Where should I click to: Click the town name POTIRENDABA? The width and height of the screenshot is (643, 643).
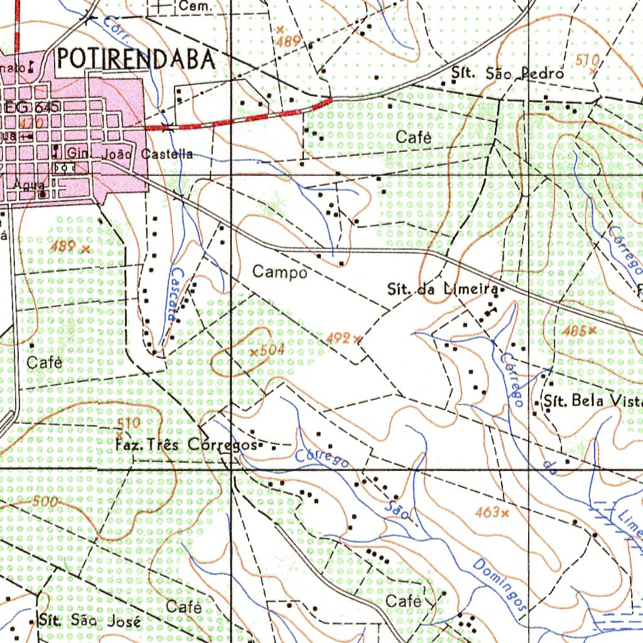click(x=135, y=59)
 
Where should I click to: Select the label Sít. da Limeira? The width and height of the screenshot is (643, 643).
click(x=443, y=290)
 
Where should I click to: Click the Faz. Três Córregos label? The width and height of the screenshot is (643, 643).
click(x=186, y=446)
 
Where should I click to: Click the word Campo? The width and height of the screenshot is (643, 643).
click(x=280, y=273)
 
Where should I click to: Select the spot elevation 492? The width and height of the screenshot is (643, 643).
click(x=338, y=338)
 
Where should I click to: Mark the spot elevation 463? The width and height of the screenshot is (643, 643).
click(x=488, y=513)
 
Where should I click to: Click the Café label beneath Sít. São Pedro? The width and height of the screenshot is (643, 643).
click(x=414, y=138)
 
